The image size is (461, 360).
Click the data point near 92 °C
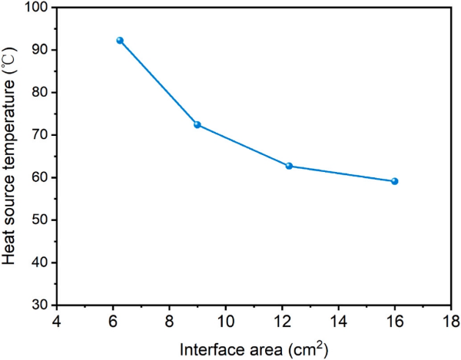120,40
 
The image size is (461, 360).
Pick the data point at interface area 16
394,181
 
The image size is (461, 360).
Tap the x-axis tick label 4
56,319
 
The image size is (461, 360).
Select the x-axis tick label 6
113,319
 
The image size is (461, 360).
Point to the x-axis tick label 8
169,319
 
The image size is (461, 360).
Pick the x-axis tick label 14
338,319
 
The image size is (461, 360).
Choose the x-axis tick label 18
450,319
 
